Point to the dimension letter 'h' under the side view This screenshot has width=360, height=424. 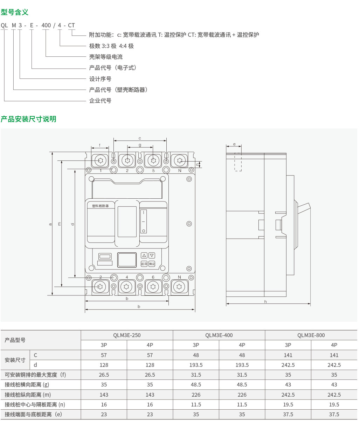pyautogui.click(x=265, y=301)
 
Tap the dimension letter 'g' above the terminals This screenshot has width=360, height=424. pyautogui.click(x=140, y=145)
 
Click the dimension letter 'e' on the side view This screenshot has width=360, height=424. pyautogui.click(x=234, y=144)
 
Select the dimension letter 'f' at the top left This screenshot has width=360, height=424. pyautogui.click(x=100, y=145)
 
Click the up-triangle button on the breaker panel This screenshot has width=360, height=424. pyautogui.click(x=144, y=256)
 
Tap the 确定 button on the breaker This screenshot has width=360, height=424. pyautogui.click(x=152, y=264)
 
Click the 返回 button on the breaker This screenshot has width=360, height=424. pyautogui.click(x=144, y=264)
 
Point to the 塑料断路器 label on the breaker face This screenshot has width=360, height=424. pyautogui.click(x=101, y=206)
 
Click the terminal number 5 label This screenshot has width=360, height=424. pyautogui.click(x=153, y=171)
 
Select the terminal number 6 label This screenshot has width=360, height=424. pyautogui.click(x=153, y=277)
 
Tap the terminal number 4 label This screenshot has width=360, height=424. pyautogui.click(x=127, y=277)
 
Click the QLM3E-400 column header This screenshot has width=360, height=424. pyautogui.click(x=219, y=335)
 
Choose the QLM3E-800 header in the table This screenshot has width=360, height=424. pyautogui.click(x=311, y=335)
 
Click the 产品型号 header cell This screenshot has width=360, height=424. pyautogui.click(x=15, y=340)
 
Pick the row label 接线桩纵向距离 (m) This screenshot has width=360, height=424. pyautogui.click(x=28, y=395)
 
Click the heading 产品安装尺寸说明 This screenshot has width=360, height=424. pyautogui.click(x=28, y=119)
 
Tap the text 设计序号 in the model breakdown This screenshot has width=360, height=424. pyautogui.click(x=100, y=79)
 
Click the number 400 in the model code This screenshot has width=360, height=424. pyautogui.click(x=46, y=25)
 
